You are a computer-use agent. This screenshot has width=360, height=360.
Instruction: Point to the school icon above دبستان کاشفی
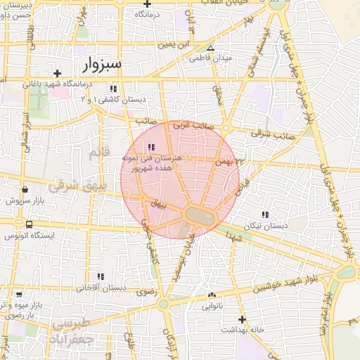(x=113, y=89)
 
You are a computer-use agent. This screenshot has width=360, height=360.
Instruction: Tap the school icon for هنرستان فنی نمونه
(x=151, y=147)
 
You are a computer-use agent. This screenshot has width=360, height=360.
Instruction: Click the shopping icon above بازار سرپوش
(x=25, y=189)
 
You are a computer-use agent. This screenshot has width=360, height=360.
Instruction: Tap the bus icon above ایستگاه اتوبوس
(x=28, y=225)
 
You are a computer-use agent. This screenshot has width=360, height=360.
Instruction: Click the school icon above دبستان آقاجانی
(x=101, y=276)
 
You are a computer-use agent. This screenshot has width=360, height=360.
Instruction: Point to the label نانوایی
(x=212, y=307)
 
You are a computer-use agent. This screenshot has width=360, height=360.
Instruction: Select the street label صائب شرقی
(x=274, y=134)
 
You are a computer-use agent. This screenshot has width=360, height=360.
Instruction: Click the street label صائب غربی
(x=193, y=124)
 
